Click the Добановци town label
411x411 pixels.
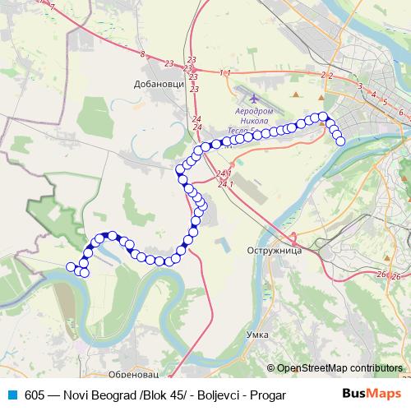coord(154,84)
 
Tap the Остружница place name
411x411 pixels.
coord(270,249)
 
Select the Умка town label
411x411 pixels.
coord(257,335)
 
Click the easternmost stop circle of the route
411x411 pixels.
coord(340,141)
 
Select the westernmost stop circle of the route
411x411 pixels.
coord(71,266)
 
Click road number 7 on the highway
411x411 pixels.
coord(52,7)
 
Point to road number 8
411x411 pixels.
coord(142,55)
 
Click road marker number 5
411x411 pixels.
coord(384,101)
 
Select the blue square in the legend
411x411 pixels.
coord(12,395)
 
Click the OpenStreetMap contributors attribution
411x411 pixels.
coord(339,367)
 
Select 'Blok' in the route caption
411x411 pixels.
coord(135,395)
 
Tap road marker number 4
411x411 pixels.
coord(373,95)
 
